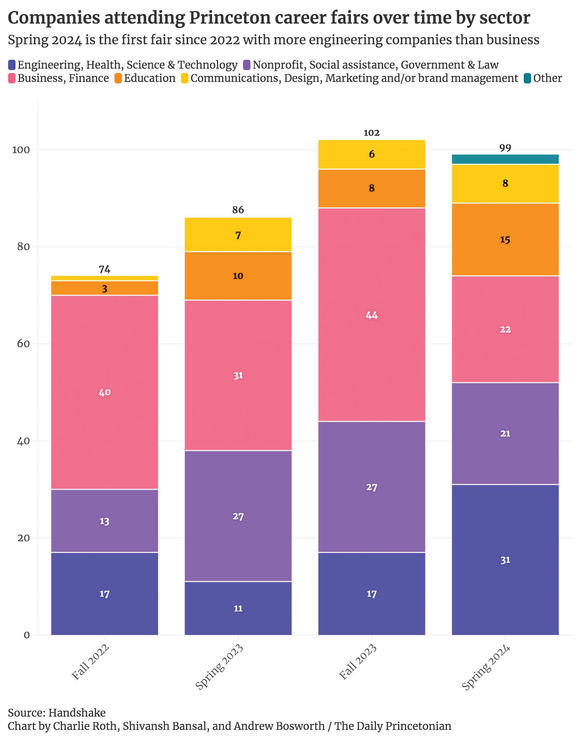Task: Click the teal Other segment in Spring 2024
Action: click(x=505, y=159)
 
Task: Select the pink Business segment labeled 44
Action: click(x=372, y=315)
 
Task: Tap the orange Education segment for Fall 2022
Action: click(x=105, y=288)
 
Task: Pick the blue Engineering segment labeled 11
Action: click(x=238, y=608)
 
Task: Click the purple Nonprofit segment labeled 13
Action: click(x=105, y=521)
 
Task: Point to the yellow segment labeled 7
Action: click(x=238, y=235)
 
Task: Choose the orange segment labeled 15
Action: click(x=505, y=239)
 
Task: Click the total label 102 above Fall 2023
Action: click(x=372, y=133)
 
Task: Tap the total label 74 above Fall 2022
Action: click(x=105, y=269)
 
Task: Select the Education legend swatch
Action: click(x=118, y=79)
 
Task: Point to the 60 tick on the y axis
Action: click(x=23, y=344)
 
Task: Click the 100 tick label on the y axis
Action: click(x=20, y=150)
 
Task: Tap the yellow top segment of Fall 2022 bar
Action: click(x=105, y=278)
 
